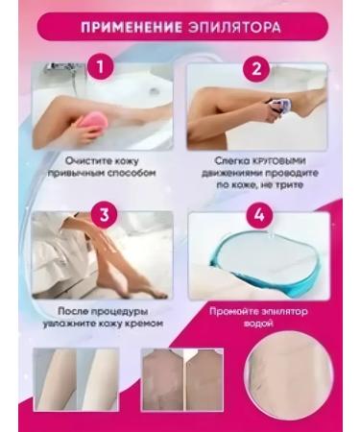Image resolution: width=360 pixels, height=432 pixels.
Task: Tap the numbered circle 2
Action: coord(256,68)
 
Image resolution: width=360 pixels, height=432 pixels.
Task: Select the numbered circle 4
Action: coord(256,213)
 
